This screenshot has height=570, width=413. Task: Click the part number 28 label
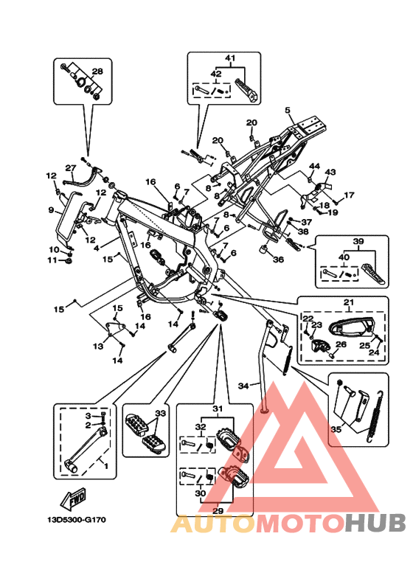coord(97,71)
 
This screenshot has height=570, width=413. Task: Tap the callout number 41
coord(230,58)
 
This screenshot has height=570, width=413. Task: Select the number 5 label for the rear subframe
coord(288,110)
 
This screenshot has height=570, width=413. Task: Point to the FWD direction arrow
coord(74,498)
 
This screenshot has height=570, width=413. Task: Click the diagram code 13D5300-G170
coord(77,519)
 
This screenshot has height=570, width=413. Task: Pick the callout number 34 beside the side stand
coord(243,386)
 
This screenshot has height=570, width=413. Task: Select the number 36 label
coord(278,260)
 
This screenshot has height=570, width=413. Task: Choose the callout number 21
coord(349,302)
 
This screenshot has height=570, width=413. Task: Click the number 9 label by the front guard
coord(51,210)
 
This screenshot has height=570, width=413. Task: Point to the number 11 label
coord(53,260)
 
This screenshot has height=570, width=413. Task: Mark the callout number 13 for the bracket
coord(98,346)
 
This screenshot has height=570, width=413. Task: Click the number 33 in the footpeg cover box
coord(160,414)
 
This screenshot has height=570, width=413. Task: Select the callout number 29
coord(218,511)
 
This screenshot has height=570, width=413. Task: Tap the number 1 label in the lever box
coord(105,466)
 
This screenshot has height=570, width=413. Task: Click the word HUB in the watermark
coord(375,523)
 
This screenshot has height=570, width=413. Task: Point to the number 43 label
coord(330,172)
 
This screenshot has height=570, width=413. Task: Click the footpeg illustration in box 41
coord(248,89)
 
